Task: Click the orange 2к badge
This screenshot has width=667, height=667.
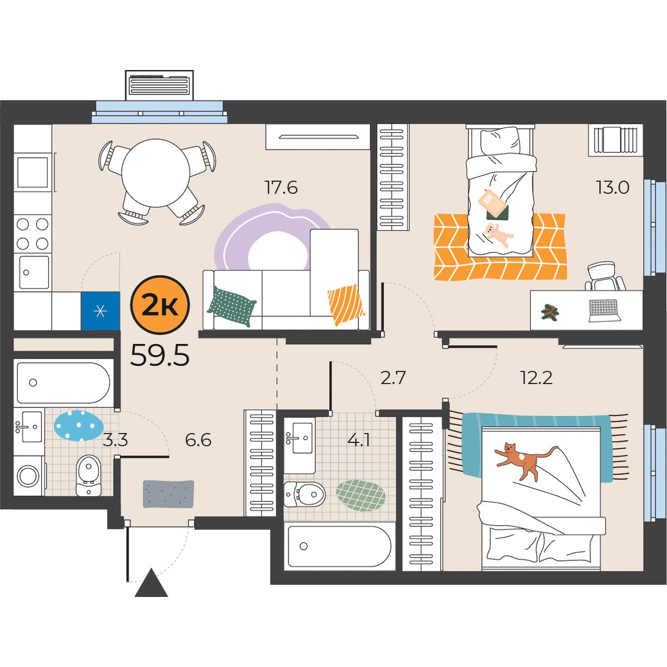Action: pyautogui.click(x=160, y=305)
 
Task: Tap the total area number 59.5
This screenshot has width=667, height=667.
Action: pyautogui.click(x=160, y=356)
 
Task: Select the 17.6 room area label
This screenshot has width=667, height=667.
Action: pyautogui.click(x=281, y=187)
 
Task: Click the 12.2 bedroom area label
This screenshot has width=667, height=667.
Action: pyautogui.click(x=536, y=377)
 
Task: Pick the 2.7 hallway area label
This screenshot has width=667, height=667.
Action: pyautogui.click(x=392, y=377)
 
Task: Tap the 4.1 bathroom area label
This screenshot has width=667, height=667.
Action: pyautogui.click(x=360, y=441)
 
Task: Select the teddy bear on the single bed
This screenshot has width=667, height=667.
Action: pyautogui.click(x=498, y=235)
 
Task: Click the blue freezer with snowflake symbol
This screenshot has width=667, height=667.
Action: pyautogui.click(x=101, y=311)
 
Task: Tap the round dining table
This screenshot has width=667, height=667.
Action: pyautogui.click(x=156, y=173)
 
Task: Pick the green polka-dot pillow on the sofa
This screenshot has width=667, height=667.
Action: pyautogui.click(x=232, y=306)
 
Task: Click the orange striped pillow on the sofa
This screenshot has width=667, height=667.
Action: pyautogui.click(x=346, y=305)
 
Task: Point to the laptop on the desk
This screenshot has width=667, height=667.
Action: pyautogui.click(x=603, y=311)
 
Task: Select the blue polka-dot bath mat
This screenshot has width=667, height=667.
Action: pyautogui.click(x=79, y=426)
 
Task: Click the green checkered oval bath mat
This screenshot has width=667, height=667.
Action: pyautogui.click(x=361, y=495)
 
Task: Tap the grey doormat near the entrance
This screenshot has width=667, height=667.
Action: pyautogui.click(x=168, y=494)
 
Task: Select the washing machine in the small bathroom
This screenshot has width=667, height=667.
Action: pyautogui.click(x=29, y=476)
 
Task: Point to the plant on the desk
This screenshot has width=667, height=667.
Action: pyautogui.click(x=550, y=311)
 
